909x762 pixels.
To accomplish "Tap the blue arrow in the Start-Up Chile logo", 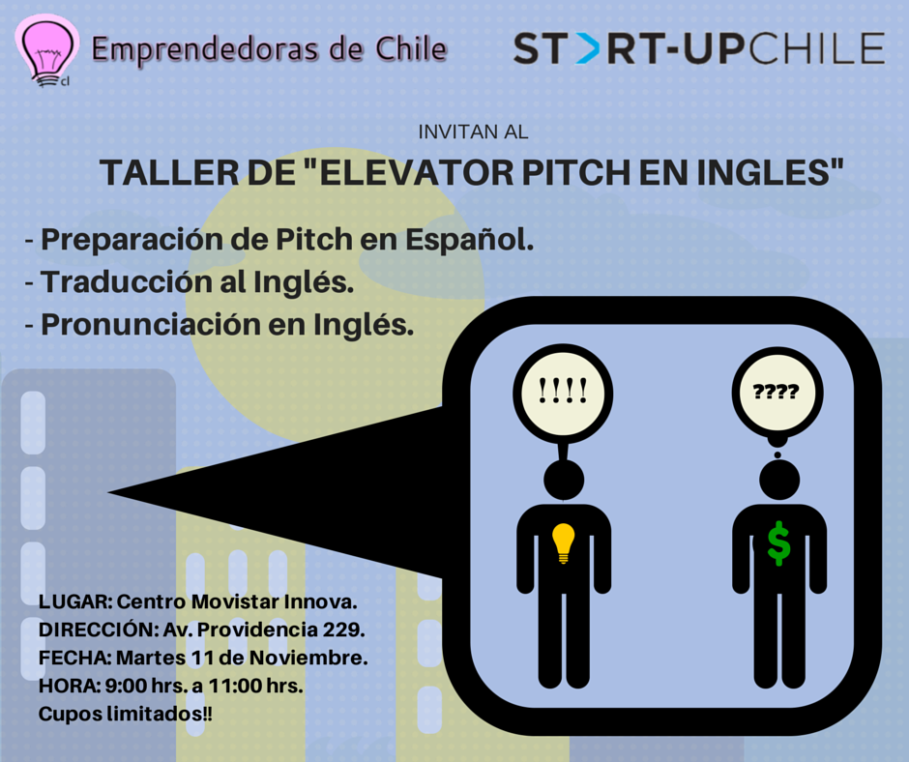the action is [x=588, y=48].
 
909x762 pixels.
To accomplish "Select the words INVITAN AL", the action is [x=473, y=132].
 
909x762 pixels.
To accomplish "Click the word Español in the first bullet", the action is [x=469, y=240].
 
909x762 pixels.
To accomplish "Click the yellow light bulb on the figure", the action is [x=563, y=542].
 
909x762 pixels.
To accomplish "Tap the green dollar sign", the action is [x=778, y=543].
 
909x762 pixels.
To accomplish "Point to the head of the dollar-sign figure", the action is [x=779, y=480].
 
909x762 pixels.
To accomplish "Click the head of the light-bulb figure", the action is [x=564, y=481].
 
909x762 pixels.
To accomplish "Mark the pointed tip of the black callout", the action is [x=109, y=492].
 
